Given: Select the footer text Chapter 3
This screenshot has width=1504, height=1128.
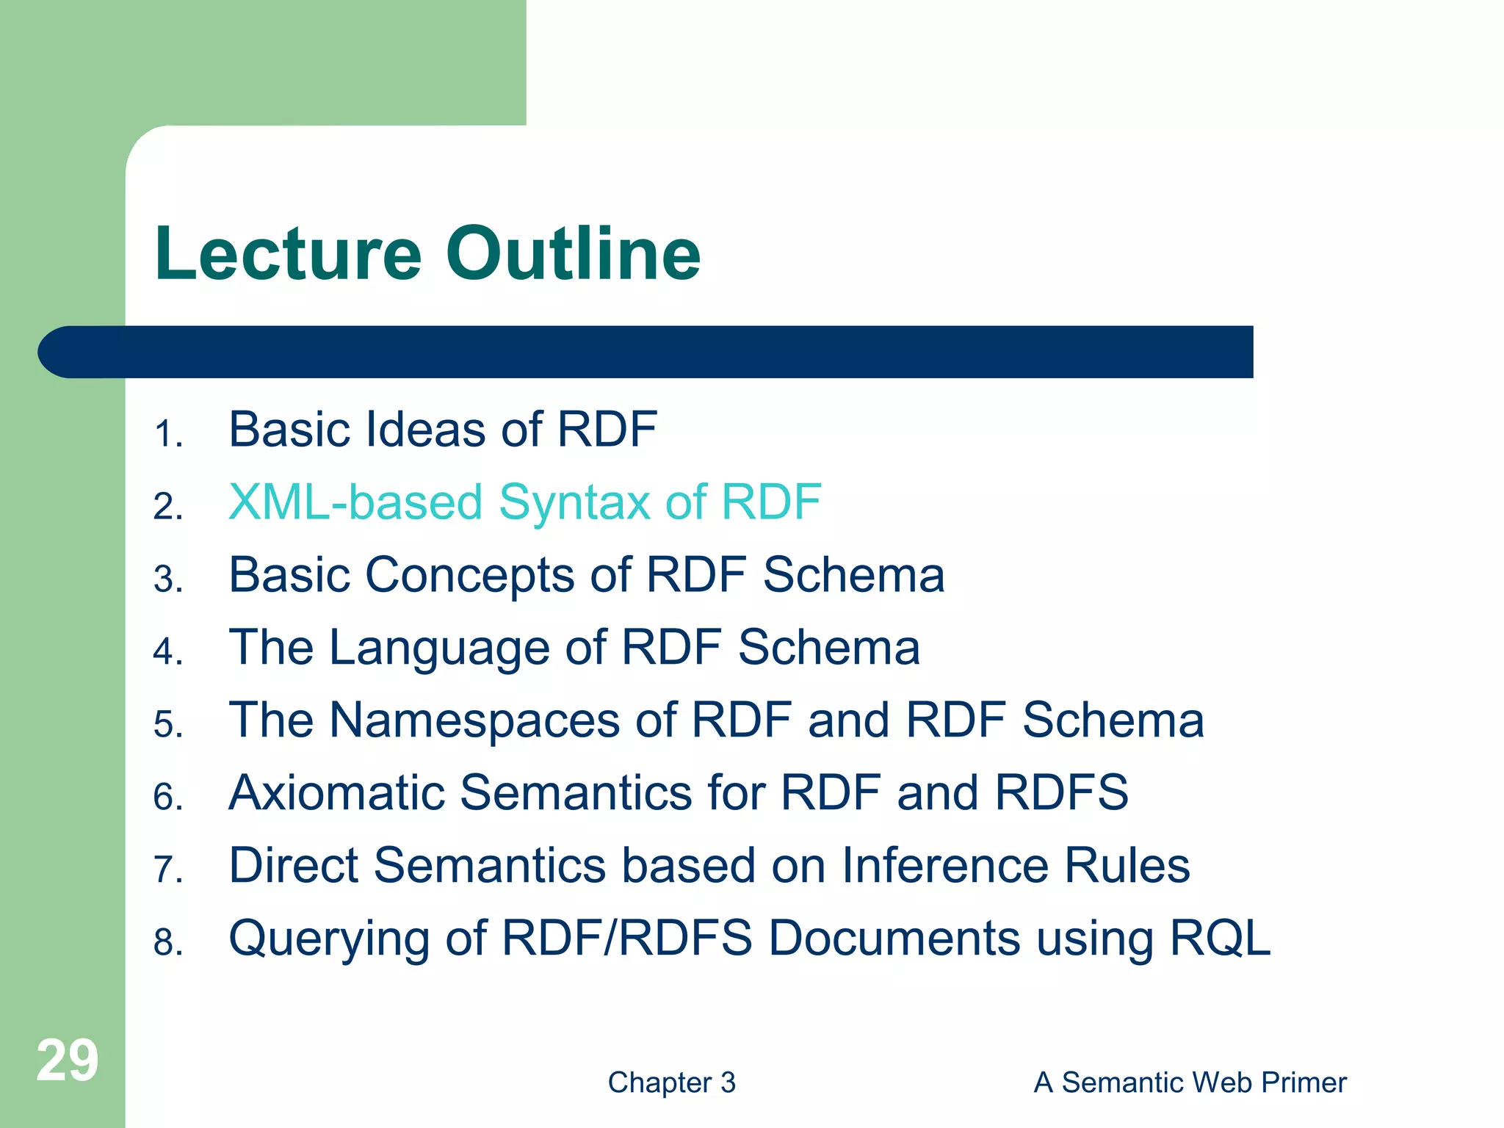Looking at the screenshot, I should coord(671,1082).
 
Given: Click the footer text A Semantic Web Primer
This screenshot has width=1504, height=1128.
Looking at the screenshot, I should coord(1190,1082).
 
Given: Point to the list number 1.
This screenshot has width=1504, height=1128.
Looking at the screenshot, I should coord(167,434).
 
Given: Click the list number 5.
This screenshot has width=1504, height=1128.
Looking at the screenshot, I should coord(167,725).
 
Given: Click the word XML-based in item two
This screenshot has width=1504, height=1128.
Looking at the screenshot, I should coord(355,503).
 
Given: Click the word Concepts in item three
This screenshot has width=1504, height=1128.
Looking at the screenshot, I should coord(470,576).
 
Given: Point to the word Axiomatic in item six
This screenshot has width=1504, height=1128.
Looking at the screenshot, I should coord(336,793).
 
